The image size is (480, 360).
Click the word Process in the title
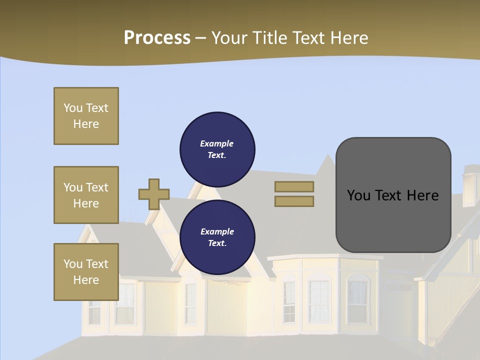click(x=157, y=37)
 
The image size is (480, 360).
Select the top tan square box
click(x=86, y=116)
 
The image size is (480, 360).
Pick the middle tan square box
click(x=86, y=195)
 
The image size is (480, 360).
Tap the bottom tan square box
click(x=86, y=272)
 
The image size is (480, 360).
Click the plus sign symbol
click(x=153, y=194)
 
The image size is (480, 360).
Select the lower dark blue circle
click(x=217, y=237)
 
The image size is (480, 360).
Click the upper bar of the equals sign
click(x=294, y=186)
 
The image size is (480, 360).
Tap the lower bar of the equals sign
click(x=294, y=201)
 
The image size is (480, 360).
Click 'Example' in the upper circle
click(x=216, y=143)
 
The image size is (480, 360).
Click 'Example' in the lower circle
click(x=217, y=231)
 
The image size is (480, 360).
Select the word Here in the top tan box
click(x=86, y=124)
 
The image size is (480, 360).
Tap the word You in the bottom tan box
click(x=73, y=263)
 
